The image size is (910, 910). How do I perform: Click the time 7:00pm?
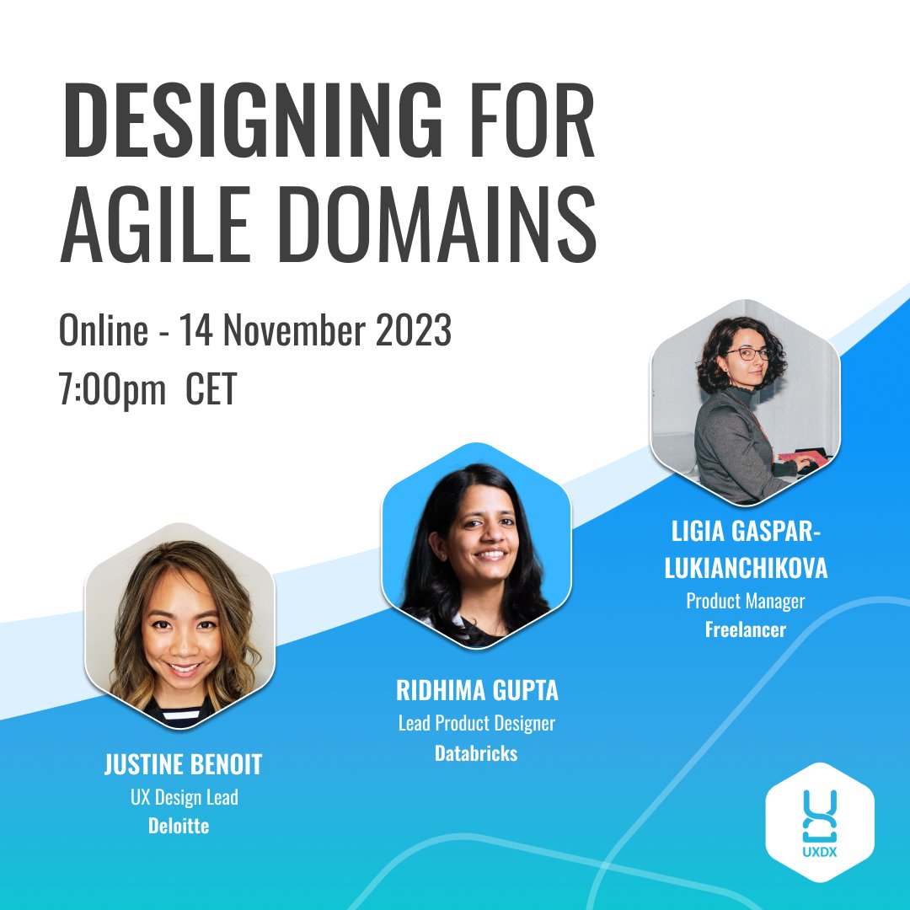(x=113, y=392)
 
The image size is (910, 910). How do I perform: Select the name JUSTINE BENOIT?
(x=183, y=765)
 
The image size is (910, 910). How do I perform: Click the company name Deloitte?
(x=178, y=826)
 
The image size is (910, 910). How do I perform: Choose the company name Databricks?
(x=476, y=753)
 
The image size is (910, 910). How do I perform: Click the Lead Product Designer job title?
(x=477, y=724)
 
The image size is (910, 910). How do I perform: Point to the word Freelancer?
(x=745, y=629)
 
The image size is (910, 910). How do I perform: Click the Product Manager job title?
(x=745, y=601)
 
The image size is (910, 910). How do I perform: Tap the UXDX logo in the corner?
(x=820, y=821)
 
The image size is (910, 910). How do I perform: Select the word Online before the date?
(x=102, y=331)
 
